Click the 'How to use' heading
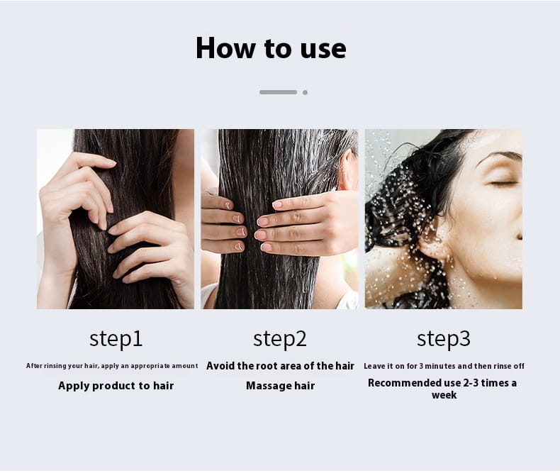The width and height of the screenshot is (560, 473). [271, 48]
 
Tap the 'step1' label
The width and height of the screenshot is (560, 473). [116, 339]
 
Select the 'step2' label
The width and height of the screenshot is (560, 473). [279, 339]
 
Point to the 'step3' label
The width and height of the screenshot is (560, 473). [444, 339]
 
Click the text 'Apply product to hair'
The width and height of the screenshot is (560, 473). [116, 386]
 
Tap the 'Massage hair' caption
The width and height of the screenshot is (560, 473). [281, 386]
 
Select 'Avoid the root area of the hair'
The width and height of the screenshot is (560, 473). [281, 366]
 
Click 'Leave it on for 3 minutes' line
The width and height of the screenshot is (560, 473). [444, 366]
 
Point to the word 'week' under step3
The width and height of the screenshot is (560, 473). [444, 395]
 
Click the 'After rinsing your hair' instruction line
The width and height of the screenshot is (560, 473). [112, 366]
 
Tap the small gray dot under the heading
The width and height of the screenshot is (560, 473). [305, 92]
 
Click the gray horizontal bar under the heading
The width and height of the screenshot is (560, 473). [278, 92]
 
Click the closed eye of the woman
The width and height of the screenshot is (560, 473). [503, 184]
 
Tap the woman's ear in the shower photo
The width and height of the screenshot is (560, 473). [434, 243]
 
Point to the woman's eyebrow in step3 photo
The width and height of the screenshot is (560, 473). [499, 156]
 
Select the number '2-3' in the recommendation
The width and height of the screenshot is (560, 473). [471, 383]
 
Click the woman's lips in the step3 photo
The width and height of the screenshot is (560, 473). [520, 236]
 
